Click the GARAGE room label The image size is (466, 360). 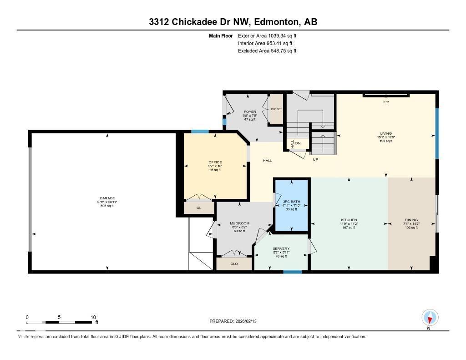[x=107, y=198]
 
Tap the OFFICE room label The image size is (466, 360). [x=215, y=162]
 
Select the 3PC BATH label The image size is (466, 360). [x=292, y=201]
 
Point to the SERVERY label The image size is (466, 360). [x=281, y=248]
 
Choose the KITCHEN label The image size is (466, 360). [x=349, y=220]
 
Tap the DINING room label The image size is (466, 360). [x=411, y=220]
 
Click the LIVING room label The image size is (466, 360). [x=385, y=133]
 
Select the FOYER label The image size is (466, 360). [x=249, y=112]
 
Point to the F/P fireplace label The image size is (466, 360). [x=386, y=102]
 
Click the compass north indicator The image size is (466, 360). [x=430, y=318]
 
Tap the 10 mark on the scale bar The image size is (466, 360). [x=93, y=317]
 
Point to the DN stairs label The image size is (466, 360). [x=298, y=143]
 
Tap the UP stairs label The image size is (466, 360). [x=315, y=160]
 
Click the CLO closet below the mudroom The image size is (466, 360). [x=234, y=264]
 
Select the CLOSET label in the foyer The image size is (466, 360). [x=276, y=109]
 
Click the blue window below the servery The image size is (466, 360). [x=292, y=272]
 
